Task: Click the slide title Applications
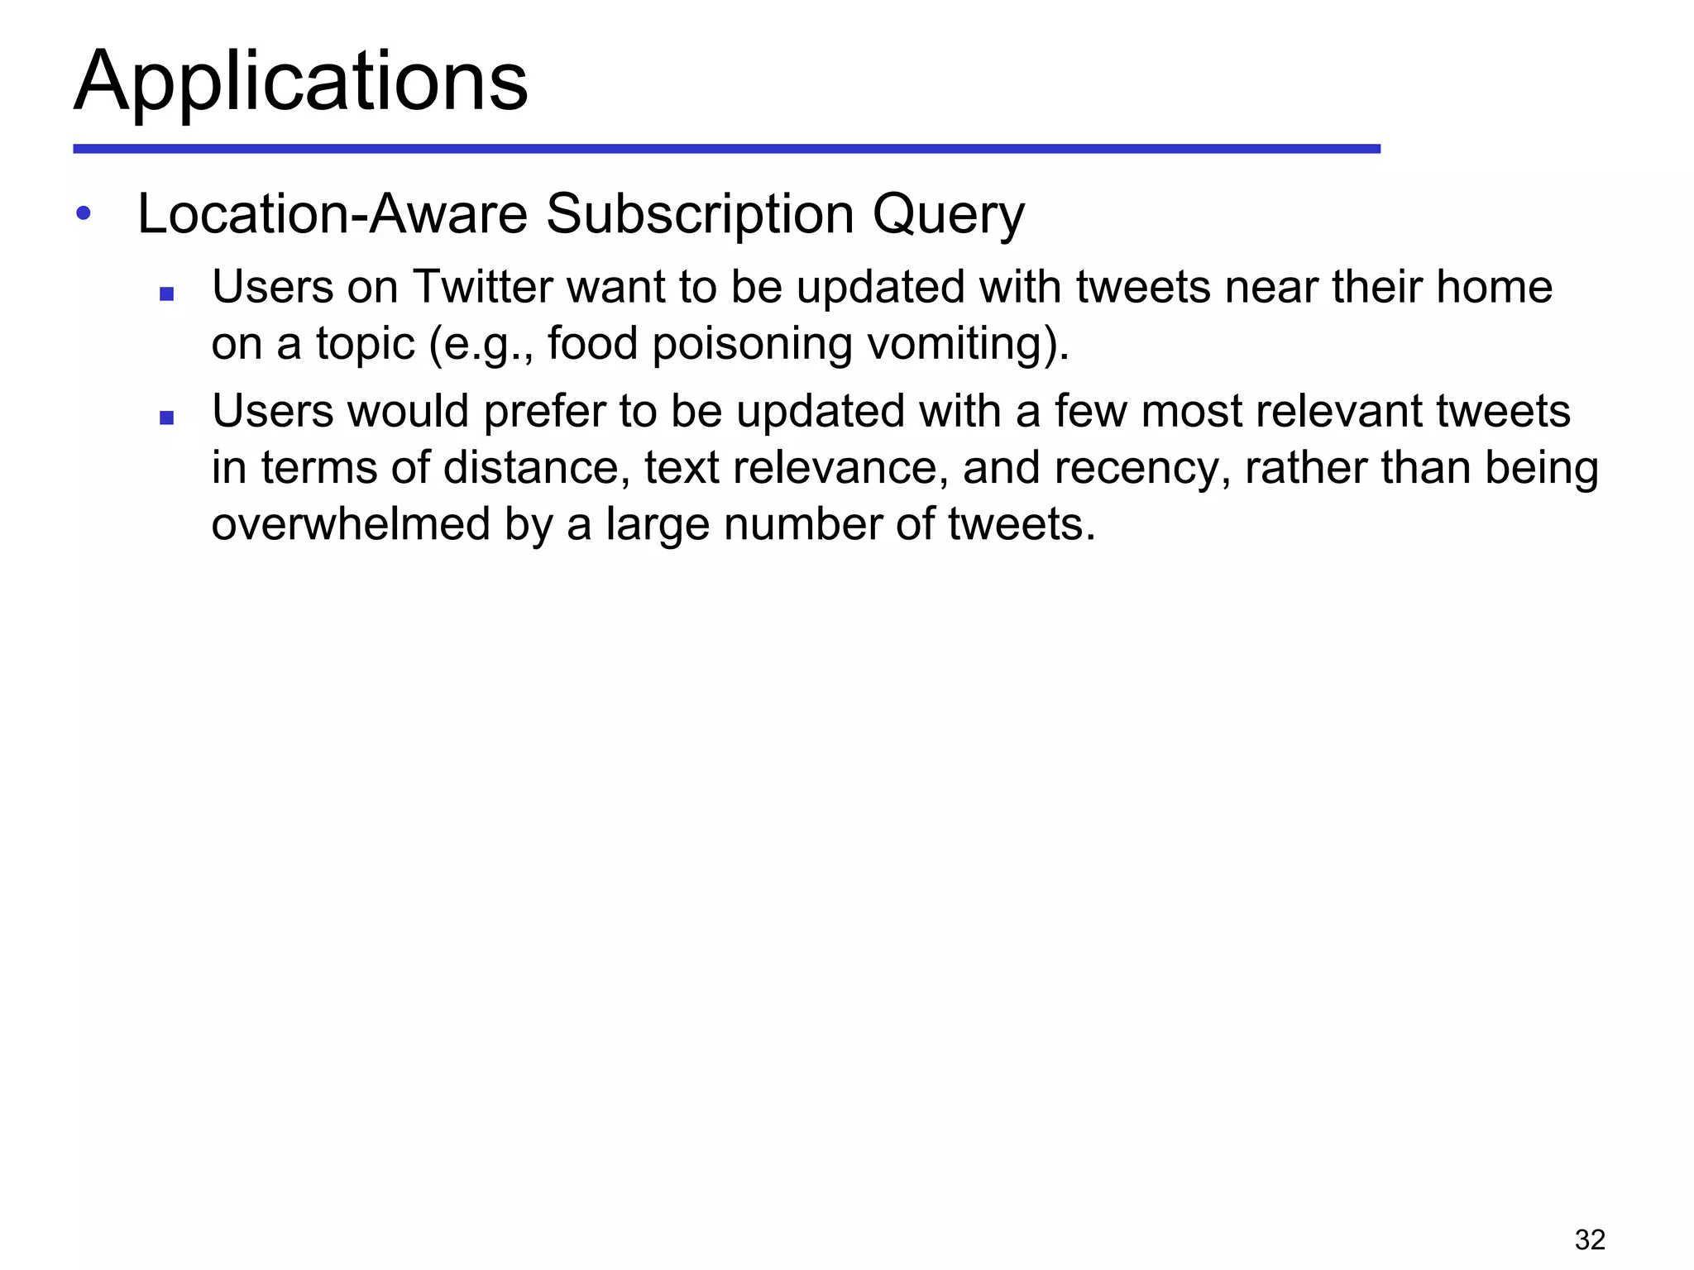pyautogui.click(x=301, y=82)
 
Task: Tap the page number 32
pyautogui.click(x=1590, y=1239)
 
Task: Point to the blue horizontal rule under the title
pyautogui.click(x=726, y=149)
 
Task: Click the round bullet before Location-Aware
pyautogui.click(x=83, y=213)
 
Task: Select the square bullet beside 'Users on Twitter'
pyautogui.click(x=166, y=294)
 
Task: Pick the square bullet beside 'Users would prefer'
pyautogui.click(x=166, y=418)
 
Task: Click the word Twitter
pyautogui.click(x=482, y=287)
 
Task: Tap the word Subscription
pyautogui.click(x=700, y=214)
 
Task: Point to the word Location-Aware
pyautogui.click(x=333, y=214)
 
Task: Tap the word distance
pyautogui.click(x=530, y=467)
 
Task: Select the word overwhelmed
pyautogui.click(x=351, y=524)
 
